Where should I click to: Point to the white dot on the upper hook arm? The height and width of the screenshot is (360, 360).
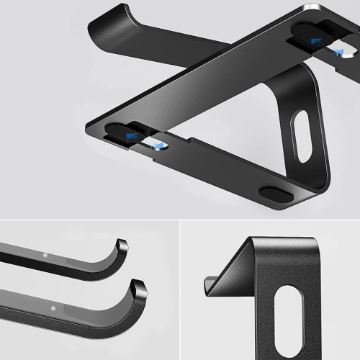pos(45,254)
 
